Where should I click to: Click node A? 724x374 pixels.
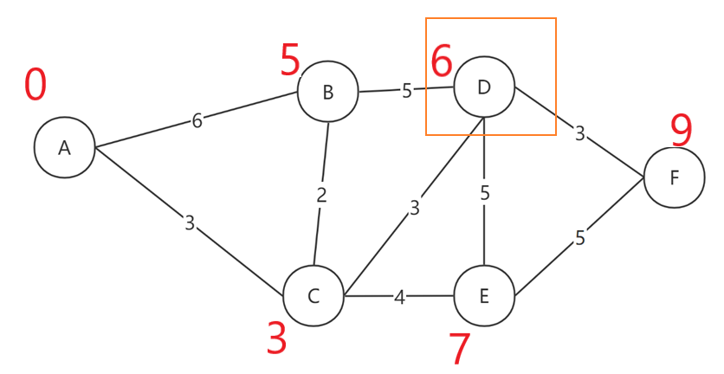pos(64,148)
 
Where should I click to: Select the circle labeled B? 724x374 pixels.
pos(327,92)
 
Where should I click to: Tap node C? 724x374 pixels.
pos(314,296)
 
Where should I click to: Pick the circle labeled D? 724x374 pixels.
pos(483,87)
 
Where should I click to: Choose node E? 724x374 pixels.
pos(483,296)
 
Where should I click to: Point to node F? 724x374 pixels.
pos(674,177)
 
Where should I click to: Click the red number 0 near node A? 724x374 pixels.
pos(36,85)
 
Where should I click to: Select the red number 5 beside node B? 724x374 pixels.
pos(290,61)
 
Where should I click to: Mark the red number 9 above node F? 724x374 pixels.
pos(682,131)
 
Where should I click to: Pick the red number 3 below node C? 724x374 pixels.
pos(276,339)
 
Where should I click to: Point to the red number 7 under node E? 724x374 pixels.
pos(460,349)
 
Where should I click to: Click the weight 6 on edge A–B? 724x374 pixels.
pos(197,121)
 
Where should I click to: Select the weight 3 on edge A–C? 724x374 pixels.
pos(190,223)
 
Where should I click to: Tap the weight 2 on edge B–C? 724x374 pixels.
pos(321,195)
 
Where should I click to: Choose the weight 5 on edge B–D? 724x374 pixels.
pos(407,91)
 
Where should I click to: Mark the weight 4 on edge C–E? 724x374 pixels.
pos(399,298)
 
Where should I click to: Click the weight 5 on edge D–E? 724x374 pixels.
pos(485,193)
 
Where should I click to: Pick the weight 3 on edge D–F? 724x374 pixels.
pos(580,133)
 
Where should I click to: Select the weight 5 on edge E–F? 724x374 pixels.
pos(580,238)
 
